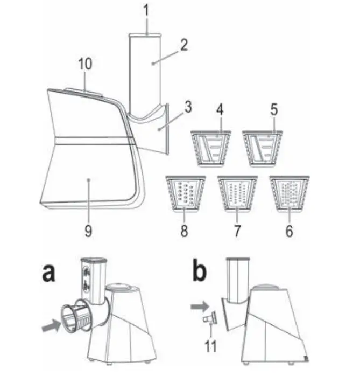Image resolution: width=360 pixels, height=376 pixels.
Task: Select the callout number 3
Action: tap(188, 106)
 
